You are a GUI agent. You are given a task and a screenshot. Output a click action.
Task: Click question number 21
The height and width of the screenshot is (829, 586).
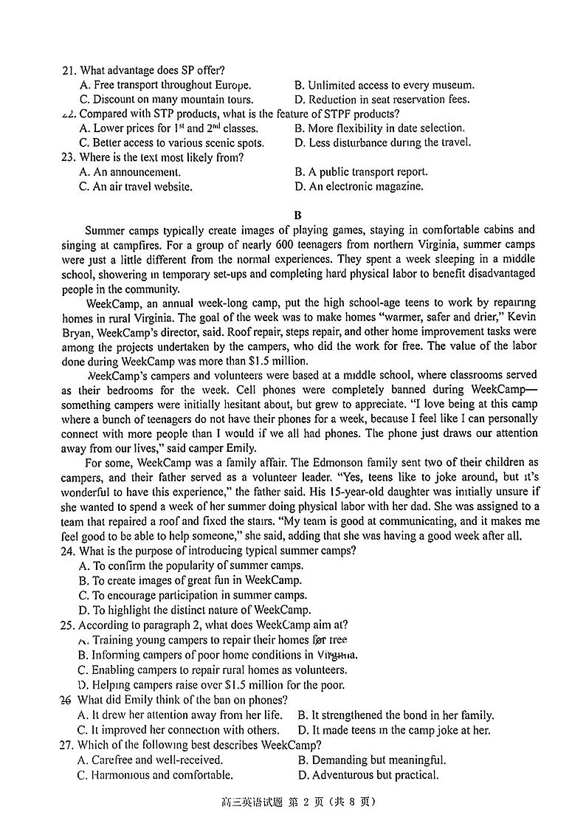coord(69,71)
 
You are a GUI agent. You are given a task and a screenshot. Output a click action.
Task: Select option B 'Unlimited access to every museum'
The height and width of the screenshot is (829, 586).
coord(384,86)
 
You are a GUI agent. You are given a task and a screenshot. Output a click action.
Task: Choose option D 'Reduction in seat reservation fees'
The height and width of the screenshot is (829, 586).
coord(381,100)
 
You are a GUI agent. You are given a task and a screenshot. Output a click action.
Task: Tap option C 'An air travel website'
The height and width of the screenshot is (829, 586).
coord(135,187)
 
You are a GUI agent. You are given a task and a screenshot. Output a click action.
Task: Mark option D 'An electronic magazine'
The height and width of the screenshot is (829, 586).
coord(359,187)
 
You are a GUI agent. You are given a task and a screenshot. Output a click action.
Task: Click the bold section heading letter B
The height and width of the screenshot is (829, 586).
coord(297,216)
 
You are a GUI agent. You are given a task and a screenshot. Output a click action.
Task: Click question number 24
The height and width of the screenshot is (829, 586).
coord(69,551)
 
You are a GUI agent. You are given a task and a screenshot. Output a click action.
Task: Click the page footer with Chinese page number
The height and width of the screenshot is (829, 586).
coord(294,802)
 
